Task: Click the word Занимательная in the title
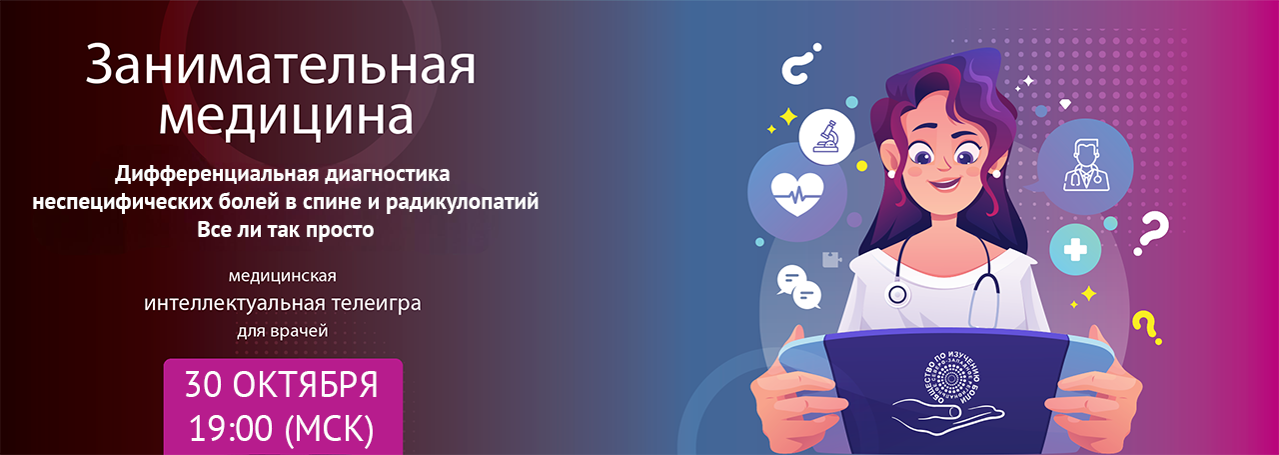(x=281, y=68)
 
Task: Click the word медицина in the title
(x=285, y=117)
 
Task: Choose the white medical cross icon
(x=1075, y=250)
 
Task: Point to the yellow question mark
(x=1145, y=325)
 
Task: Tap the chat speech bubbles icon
(x=798, y=287)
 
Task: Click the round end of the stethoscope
(x=897, y=295)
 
